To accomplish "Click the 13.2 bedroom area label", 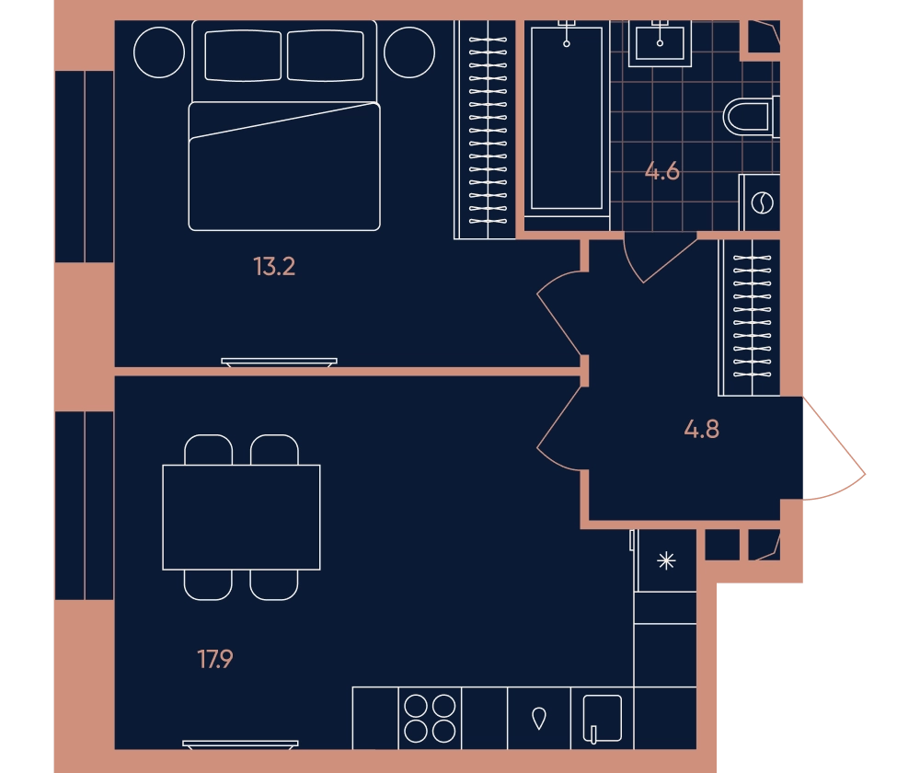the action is pyautogui.click(x=274, y=267).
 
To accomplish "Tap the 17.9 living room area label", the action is pyautogui.click(x=214, y=659).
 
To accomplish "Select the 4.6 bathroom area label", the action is pyautogui.click(x=661, y=171).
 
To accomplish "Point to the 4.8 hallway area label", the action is pyautogui.click(x=701, y=429).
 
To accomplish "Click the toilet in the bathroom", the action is pyautogui.click(x=751, y=117).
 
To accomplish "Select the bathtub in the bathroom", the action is pyautogui.click(x=566, y=119).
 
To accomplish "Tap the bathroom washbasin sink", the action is pyautogui.click(x=660, y=43).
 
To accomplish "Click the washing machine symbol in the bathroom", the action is pyautogui.click(x=762, y=202).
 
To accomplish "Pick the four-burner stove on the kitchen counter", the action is pyautogui.click(x=430, y=719).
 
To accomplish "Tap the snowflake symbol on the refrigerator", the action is pyautogui.click(x=666, y=561).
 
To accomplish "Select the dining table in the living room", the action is pyautogui.click(x=241, y=517).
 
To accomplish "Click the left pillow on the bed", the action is pyautogui.click(x=243, y=56).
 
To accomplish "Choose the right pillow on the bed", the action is pyautogui.click(x=326, y=56).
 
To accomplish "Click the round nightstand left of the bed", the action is pyautogui.click(x=159, y=52).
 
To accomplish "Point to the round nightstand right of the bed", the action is pyautogui.click(x=409, y=52).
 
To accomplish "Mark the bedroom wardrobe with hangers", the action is pyautogui.click(x=485, y=130).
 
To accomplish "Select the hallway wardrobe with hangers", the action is pyautogui.click(x=749, y=317).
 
